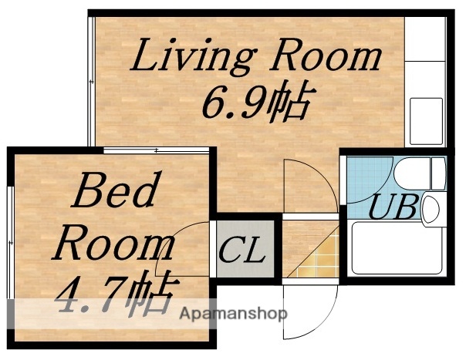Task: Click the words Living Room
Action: (258, 58)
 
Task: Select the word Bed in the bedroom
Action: (115, 193)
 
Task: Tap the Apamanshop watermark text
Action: (233, 314)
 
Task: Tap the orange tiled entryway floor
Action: (312, 250)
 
